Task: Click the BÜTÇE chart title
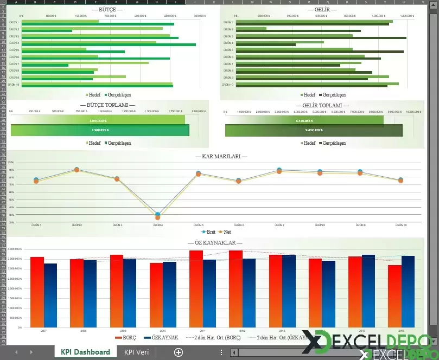coord(108,10)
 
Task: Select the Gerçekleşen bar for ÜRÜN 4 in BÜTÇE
coord(109,45)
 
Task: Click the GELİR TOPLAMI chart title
coord(322,106)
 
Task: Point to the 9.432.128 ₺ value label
coord(314,130)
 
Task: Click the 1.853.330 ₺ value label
coord(98,121)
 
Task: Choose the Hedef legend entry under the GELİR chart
coord(309,95)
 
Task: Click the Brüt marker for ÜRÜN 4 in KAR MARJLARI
coord(157,215)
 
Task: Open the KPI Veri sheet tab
coord(136,352)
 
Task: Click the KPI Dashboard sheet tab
coord(85,352)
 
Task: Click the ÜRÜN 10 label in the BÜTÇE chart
coord(14,85)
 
